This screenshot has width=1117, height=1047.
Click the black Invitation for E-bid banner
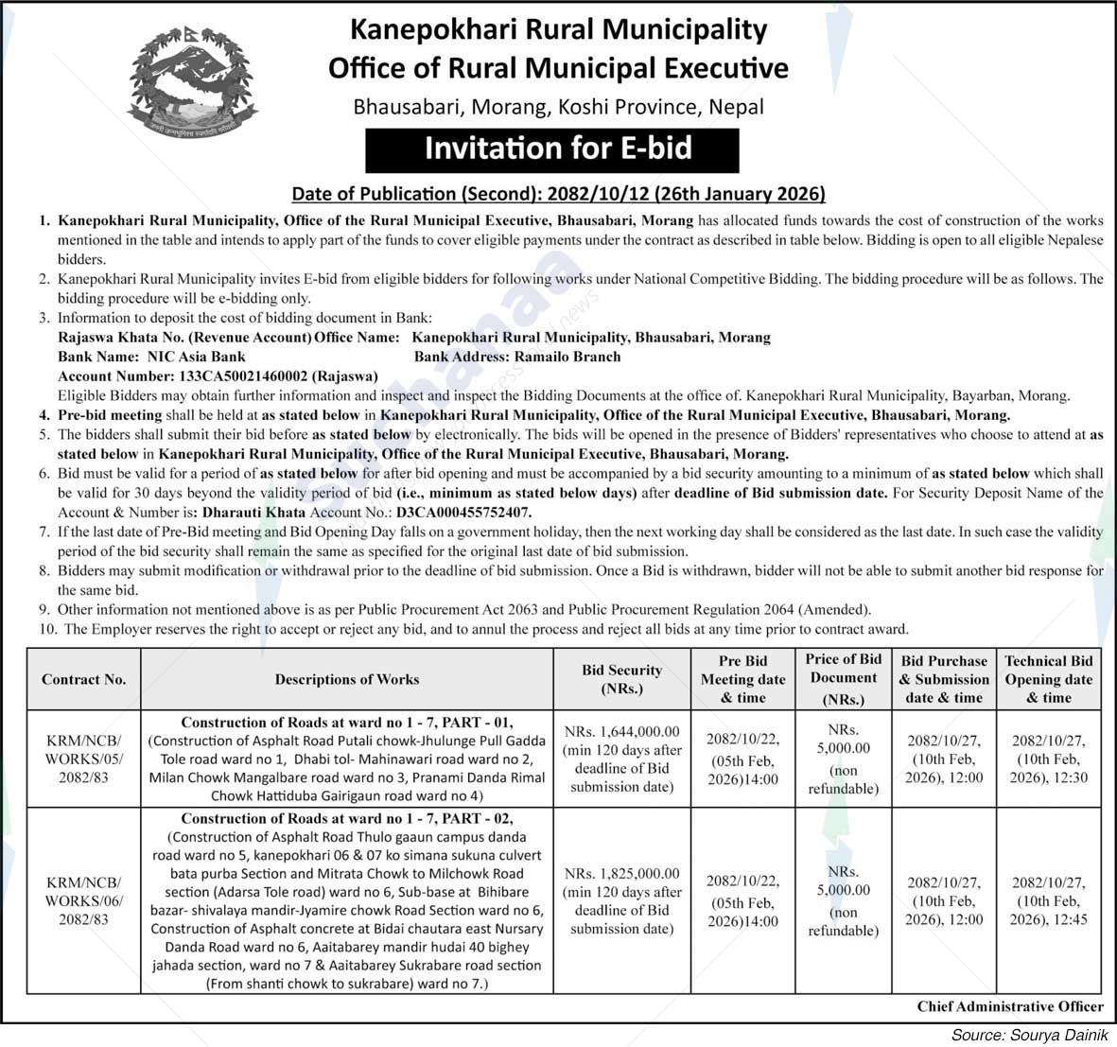[x=551, y=149]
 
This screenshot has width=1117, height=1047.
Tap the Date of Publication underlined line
[x=558, y=194]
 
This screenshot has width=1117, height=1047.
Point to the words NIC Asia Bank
[x=196, y=357]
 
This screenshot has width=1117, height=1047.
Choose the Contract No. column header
[x=83, y=679]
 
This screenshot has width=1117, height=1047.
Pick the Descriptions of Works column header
[x=346, y=679]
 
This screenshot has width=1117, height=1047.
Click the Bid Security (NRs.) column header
[x=621, y=679]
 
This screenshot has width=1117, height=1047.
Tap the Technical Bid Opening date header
[x=1048, y=679]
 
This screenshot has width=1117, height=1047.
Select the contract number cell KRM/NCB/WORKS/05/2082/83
[x=83, y=759]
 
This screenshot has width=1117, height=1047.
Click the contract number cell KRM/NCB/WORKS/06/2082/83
[x=83, y=900]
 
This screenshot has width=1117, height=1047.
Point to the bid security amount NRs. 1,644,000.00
[x=621, y=731]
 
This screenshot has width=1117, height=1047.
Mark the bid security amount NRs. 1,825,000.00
[x=621, y=873]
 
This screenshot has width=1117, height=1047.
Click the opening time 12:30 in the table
[x=1068, y=777]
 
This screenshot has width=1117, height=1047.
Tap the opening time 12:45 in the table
[x=1068, y=919]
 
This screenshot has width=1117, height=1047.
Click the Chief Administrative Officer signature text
[x=1009, y=1006]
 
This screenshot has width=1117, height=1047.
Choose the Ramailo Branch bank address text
[x=567, y=357]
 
